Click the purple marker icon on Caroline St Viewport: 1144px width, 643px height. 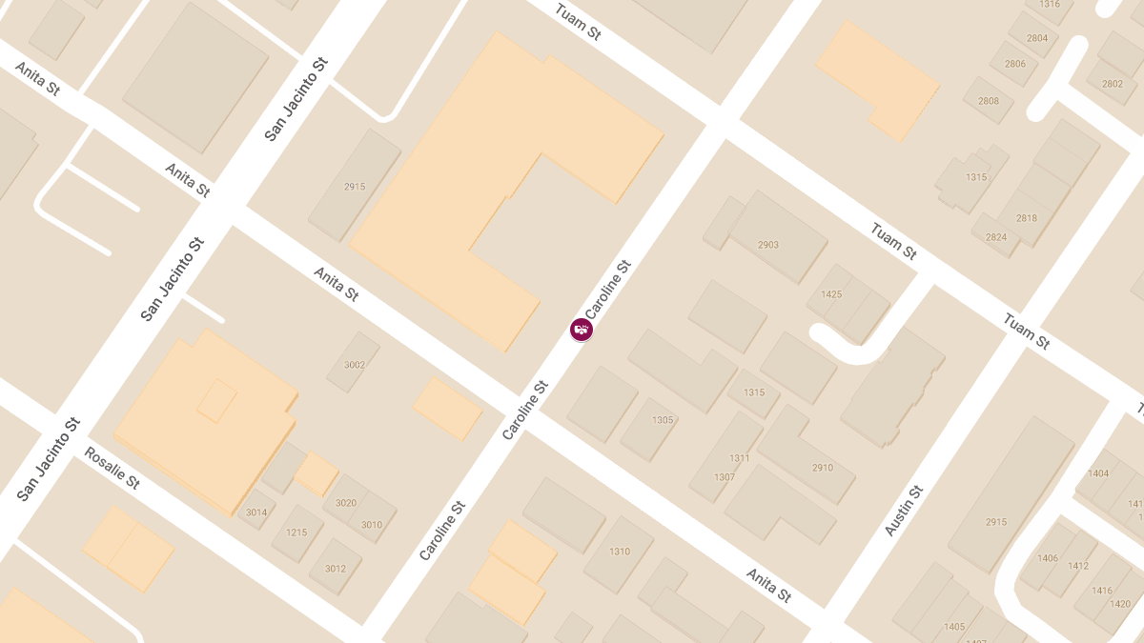(582, 330)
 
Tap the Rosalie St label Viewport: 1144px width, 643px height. (112, 468)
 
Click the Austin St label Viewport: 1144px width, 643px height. (904, 511)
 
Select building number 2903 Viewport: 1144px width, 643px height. (768, 245)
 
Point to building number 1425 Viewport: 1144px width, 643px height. (831, 294)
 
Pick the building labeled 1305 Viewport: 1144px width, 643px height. (663, 420)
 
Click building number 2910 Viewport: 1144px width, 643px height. (822, 468)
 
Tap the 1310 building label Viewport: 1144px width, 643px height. (620, 552)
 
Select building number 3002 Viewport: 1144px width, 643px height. (355, 365)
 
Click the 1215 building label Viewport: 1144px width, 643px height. (296, 532)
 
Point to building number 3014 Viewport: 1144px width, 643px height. (256, 512)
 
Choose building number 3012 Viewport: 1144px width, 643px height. (335, 569)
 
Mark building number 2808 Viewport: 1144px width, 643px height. (989, 101)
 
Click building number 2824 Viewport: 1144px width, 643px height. (995, 237)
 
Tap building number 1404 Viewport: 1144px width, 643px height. (1098, 473)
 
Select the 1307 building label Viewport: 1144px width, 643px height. (725, 476)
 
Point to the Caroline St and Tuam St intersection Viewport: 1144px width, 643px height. (723, 124)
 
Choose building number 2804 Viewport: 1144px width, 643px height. (1037, 38)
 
